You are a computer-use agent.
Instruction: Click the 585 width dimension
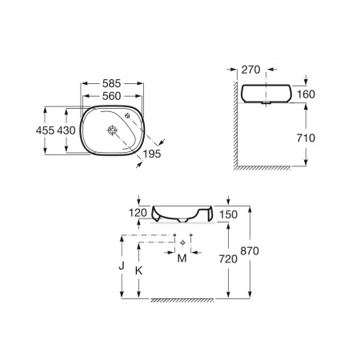click(x=111, y=83)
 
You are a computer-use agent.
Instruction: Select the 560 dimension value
click(x=111, y=96)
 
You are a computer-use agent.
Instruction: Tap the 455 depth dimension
click(x=45, y=130)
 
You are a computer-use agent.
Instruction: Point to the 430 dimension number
click(x=66, y=130)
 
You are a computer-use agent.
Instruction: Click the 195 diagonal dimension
click(x=152, y=154)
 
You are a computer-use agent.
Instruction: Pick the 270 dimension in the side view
click(x=250, y=70)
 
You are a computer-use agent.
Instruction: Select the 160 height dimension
click(x=306, y=94)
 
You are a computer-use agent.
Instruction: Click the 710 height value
click(x=306, y=138)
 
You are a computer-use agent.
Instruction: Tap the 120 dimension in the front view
click(x=138, y=213)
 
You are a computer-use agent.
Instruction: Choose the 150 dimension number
click(x=228, y=214)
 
